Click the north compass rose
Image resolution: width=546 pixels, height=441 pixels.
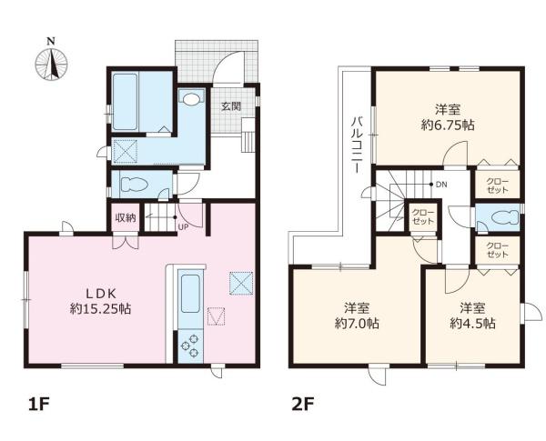point(52,64)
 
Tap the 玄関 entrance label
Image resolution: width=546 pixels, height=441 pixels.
point(231,106)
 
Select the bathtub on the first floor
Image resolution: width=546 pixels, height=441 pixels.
point(125,102)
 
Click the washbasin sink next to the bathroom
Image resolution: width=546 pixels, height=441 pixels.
point(191,99)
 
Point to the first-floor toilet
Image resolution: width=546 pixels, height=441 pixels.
point(134,184)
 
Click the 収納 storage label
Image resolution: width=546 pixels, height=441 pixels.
point(126,218)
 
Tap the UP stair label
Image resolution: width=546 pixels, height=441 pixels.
point(183,227)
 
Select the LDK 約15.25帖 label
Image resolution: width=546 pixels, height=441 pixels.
point(101,301)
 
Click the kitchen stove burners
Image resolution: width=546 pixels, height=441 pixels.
point(190,346)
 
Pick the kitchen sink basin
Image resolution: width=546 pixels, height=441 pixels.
point(190,294)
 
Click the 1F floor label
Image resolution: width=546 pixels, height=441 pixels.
point(40,405)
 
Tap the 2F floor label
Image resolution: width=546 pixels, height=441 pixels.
point(303,405)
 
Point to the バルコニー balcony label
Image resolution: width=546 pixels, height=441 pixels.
point(356,145)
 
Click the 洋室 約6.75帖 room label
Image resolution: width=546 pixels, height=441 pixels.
point(448,117)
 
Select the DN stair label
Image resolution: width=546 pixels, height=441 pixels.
point(441,185)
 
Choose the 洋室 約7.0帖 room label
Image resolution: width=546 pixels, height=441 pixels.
point(358,316)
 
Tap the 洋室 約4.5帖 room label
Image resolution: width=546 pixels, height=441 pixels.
point(472,316)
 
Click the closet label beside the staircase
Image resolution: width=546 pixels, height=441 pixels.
point(423,216)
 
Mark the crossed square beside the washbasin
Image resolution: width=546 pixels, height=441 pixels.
point(126,151)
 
